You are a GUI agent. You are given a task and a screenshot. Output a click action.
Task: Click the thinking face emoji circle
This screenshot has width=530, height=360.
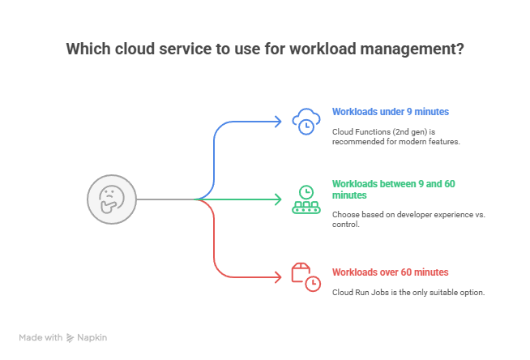point(110,199)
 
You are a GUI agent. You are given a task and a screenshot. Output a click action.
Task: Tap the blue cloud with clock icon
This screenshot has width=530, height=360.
point(305,122)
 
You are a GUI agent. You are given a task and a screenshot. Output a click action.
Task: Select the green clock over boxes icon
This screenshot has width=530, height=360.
point(306,199)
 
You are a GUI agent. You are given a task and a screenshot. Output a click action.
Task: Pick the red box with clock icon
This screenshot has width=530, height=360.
point(305,276)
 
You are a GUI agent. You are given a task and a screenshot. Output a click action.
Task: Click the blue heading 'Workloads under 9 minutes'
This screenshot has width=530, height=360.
point(379,111)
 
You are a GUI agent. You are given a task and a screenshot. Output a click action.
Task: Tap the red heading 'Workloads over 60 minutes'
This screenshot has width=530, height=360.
point(390,272)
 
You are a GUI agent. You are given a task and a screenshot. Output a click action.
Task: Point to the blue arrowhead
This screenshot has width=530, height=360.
point(278,122)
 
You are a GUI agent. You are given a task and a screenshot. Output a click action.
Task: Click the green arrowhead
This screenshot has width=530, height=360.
point(278,199)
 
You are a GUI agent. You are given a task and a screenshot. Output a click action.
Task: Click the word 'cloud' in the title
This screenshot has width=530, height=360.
point(134,49)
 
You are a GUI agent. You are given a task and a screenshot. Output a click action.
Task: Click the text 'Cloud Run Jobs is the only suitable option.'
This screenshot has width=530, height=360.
point(408,292)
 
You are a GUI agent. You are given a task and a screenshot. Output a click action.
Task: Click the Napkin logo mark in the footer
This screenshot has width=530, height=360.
point(71,336)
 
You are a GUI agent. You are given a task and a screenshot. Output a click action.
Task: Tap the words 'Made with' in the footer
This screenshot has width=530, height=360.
point(41,336)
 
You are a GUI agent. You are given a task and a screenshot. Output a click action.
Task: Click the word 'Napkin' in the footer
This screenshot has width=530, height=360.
point(92,336)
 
